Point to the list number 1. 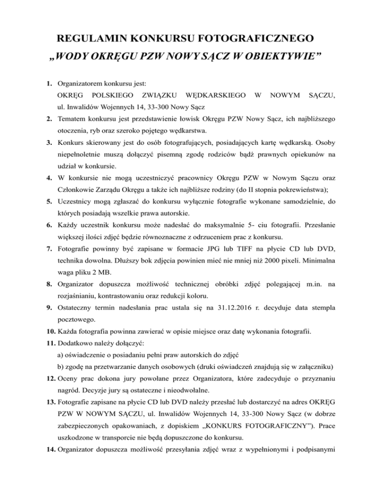50,83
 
